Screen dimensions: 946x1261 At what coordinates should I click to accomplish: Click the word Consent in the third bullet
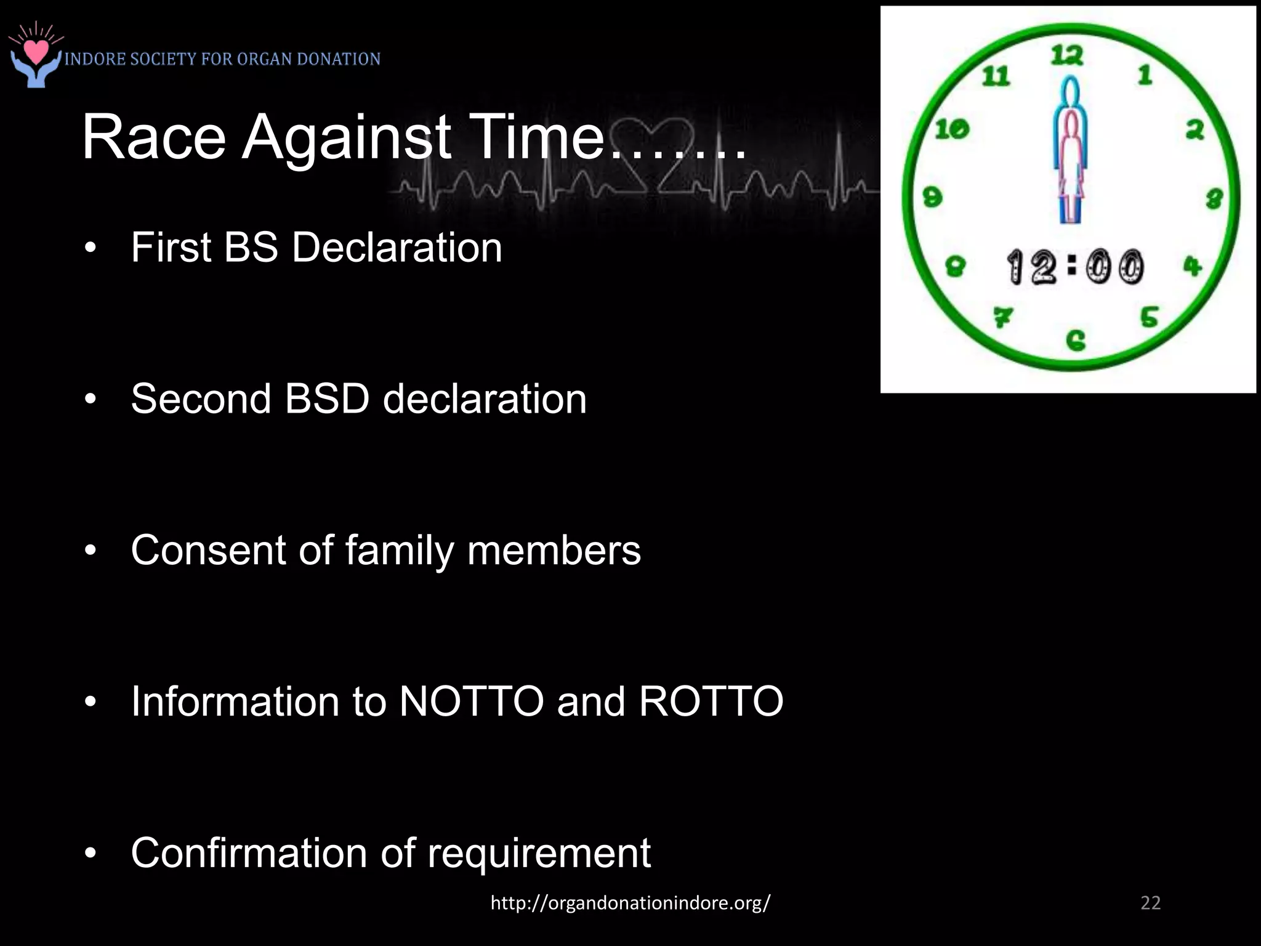(x=209, y=549)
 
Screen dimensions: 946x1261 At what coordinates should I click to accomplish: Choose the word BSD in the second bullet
(x=327, y=398)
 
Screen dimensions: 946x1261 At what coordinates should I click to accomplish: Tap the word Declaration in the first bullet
(x=397, y=248)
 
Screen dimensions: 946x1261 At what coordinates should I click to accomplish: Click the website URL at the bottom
(x=630, y=903)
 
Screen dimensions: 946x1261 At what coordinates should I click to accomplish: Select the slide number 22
(x=1150, y=903)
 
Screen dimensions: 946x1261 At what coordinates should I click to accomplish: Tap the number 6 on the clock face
(x=1075, y=340)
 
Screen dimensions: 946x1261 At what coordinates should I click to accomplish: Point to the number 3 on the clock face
(x=1214, y=199)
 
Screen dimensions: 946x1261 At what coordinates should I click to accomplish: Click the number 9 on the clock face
(x=932, y=197)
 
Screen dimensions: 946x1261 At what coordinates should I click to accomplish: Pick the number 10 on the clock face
(x=952, y=129)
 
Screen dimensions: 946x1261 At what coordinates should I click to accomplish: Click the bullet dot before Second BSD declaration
(x=91, y=400)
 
